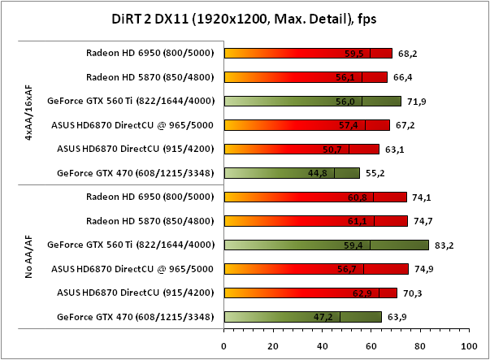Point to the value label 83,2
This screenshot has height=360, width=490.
click(x=443, y=245)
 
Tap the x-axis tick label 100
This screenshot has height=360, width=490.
click(x=466, y=345)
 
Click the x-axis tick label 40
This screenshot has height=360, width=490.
click(x=321, y=345)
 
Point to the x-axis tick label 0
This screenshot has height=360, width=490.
click(x=223, y=345)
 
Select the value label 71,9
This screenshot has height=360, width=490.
click(x=416, y=102)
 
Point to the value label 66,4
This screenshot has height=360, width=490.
click(x=402, y=77)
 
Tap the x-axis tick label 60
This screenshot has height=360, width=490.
click(x=370, y=345)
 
